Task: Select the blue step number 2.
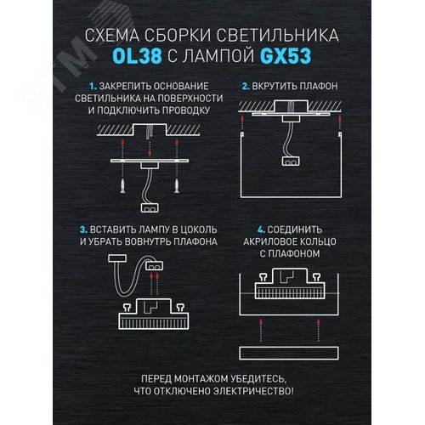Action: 245,87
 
